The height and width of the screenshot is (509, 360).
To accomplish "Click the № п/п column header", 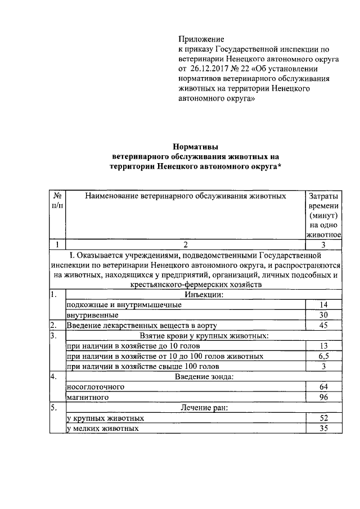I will point(57,201).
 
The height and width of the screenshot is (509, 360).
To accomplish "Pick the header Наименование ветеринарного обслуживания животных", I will point(184,196).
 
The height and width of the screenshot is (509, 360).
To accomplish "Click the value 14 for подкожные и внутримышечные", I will point(323,304).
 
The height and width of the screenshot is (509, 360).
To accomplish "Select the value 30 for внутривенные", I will point(323,315).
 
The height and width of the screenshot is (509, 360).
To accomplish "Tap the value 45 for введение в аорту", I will point(323,325).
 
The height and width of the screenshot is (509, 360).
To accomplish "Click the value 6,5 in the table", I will point(323,357).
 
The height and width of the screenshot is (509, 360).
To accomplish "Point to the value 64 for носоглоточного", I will point(323,388).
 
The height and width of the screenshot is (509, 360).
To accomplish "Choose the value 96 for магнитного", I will point(323,398).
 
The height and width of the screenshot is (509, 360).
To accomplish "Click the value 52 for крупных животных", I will point(323,418).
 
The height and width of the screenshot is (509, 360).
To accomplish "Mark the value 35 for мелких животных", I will point(323,429).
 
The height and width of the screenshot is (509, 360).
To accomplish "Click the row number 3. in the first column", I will point(53,336).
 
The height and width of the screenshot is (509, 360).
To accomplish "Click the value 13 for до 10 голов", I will point(323,346).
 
